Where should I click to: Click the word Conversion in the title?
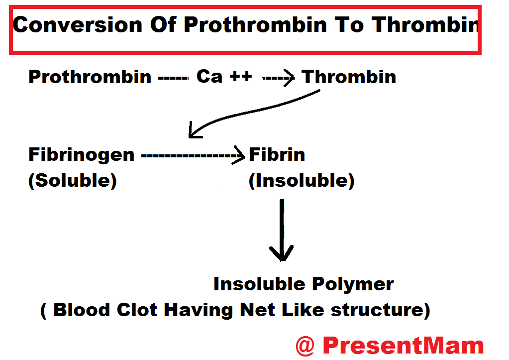pyautogui.click(x=78, y=25)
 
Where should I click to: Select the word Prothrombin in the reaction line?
pyautogui.click(x=90, y=77)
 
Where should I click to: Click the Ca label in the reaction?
pyautogui.click(x=209, y=77)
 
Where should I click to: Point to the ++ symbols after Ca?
pyautogui.click(x=240, y=77)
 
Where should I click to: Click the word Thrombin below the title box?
pyautogui.click(x=349, y=77)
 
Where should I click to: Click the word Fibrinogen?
pyautogui.click(x=82, y=155)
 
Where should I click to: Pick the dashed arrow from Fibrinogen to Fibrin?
pyautogui.click(x=193, y=156)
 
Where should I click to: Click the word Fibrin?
pyautogui.click(x=277, y=154)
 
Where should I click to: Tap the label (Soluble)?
pyautogui.click(x=72, y=181)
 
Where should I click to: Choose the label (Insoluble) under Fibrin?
pyautogui.click(x=302, y=181)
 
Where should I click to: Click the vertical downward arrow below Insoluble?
pyautogui.click(x=282, y=230)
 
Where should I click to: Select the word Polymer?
pyautogui.click(x=353, y=285)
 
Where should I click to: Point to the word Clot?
pyautogui.click(x=137, y=310)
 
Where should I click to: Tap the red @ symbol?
pyautogui.click(x=305, y=346)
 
